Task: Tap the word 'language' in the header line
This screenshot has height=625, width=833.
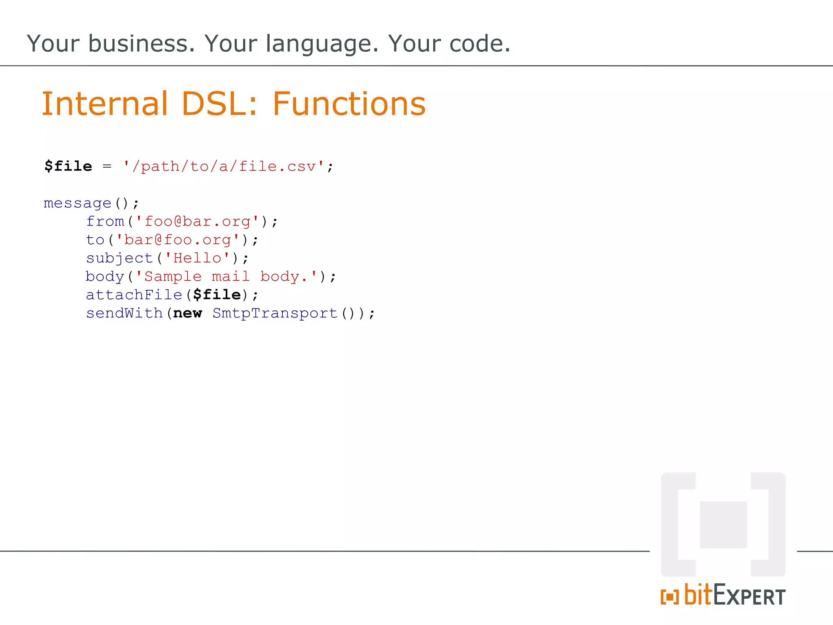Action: [322, 44]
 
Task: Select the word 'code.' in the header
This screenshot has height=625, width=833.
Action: [480, 44]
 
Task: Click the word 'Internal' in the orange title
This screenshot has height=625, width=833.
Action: [105, 104]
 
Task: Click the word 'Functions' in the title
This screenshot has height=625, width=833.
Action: [349, 104]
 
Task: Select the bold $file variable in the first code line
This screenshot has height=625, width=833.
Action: [68, 166]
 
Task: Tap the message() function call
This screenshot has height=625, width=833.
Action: [86, 203]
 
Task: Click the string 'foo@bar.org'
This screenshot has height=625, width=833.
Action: [197, 222]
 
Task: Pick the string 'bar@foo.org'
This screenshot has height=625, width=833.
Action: [177, 240]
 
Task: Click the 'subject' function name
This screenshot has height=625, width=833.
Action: [119, 258]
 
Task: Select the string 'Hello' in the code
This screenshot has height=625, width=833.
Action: [197, 258]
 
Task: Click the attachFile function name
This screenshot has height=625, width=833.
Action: [134, 295]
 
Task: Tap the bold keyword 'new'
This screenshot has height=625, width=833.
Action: [188, 313]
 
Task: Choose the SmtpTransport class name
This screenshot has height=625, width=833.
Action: [275, 313]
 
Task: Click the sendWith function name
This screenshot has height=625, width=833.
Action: [124, 313]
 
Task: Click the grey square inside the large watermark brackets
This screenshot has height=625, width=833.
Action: [723, 524]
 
